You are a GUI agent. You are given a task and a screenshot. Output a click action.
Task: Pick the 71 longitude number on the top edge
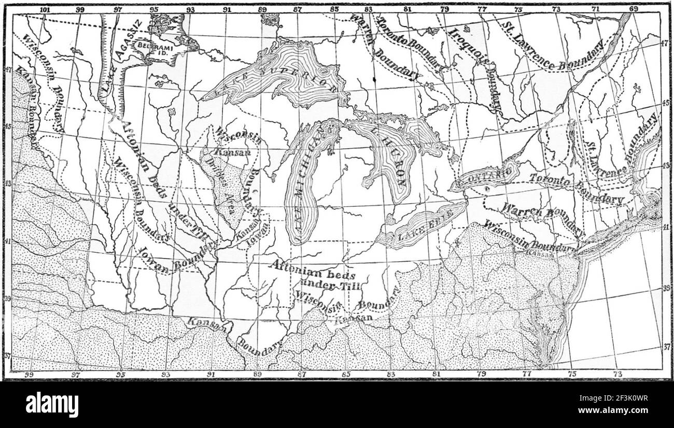(596, 9)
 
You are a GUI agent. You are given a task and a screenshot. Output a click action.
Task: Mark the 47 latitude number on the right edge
(667, 44)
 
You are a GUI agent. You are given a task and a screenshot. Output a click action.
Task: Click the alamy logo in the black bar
(52, 404)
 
